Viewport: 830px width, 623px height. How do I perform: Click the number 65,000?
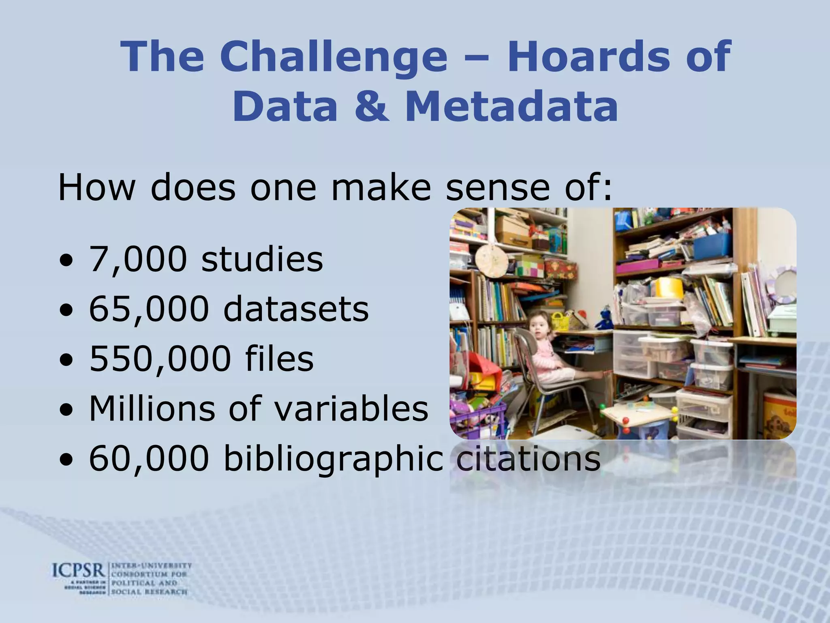point(149,309)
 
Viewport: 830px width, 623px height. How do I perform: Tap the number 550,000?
point(160,359)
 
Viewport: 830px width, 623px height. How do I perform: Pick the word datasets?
point(296,309)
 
